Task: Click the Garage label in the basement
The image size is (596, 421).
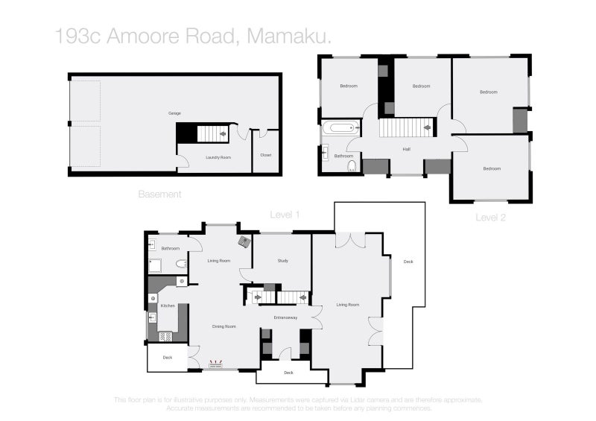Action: click(174, 113)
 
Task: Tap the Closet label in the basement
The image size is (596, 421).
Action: click(266, 155)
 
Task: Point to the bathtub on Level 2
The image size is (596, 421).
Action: click(338, 128)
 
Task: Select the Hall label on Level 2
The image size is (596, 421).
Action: click(407, 149)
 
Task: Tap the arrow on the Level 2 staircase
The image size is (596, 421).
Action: click(428, 127)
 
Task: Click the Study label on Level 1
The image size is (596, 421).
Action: click(283, 261)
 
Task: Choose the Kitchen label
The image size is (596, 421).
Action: click(168, 306)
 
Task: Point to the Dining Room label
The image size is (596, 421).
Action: click(224, 326)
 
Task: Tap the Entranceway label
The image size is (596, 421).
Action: click(285, 318)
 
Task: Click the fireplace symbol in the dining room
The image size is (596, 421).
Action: click(216, 365)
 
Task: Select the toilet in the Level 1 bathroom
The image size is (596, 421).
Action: click(181, 264)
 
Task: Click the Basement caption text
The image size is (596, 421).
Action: click(159, 194)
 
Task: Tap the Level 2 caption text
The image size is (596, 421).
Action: click(492, 217)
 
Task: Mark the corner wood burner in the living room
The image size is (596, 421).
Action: click(244, 241)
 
